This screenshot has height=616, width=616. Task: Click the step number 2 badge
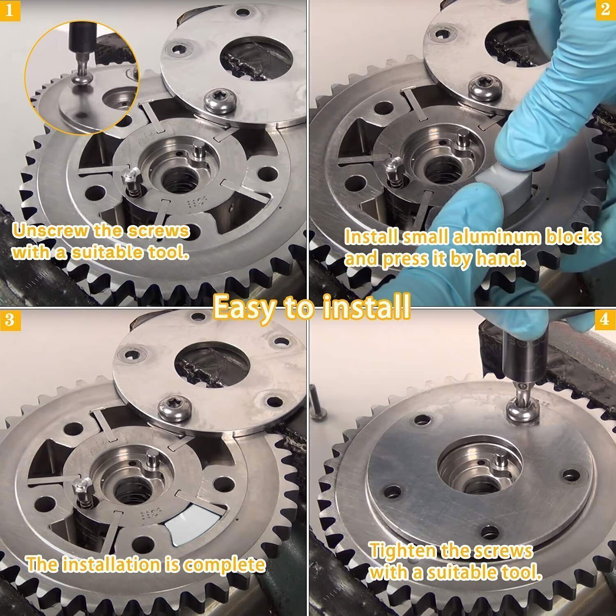605,9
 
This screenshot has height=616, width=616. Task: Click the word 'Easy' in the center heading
243,306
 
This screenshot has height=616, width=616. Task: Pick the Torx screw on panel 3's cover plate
170,407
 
